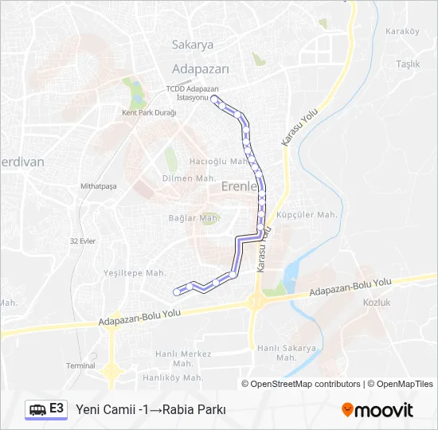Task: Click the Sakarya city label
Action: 193,45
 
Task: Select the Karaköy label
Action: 401,32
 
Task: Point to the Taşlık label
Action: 408,64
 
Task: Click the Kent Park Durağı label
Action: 149,113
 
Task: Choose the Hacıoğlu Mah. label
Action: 215,161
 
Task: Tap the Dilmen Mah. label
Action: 189,178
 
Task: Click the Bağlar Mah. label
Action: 194,217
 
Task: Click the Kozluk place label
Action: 377,303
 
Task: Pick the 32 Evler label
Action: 83,240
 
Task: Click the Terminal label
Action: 80,365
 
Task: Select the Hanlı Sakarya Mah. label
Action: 286,352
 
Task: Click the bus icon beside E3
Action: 37,409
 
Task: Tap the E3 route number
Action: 57,408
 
